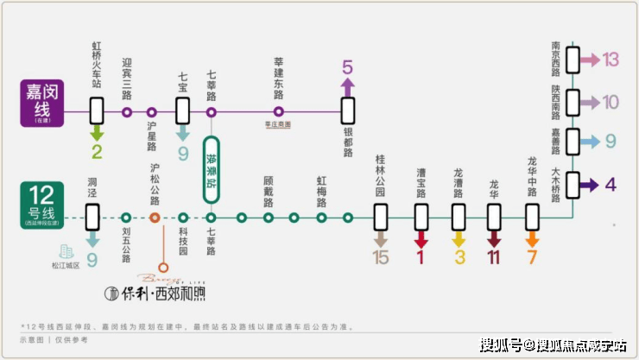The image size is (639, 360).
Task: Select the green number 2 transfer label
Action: coord(97,153)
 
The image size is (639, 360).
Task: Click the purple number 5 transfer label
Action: coord(347,66)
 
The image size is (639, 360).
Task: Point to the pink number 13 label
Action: coord(611,60)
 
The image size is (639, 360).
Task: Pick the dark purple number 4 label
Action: coord(611,184)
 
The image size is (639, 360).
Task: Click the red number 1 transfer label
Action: coord(421,256)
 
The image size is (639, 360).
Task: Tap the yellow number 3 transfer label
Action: coord(459,256)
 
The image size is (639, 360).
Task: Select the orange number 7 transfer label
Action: coord(533,256)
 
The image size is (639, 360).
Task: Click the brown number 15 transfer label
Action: coord(381,256)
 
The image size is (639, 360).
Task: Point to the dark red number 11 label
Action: coord(494,256)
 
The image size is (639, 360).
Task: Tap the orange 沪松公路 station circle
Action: coord(155,218)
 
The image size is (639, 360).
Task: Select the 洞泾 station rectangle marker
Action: coord(92,216)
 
